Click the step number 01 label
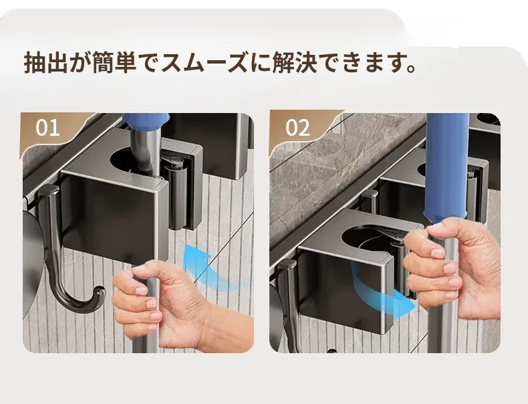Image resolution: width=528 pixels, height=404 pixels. pyautogui.click(x=48, y=127)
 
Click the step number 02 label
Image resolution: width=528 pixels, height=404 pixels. pyautogui.click(x=297, y=127)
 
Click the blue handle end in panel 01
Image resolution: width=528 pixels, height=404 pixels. pyautogui.click(x=146, y=122)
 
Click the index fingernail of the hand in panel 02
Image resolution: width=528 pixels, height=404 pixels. pyautogui.click(x=438, y=252)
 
